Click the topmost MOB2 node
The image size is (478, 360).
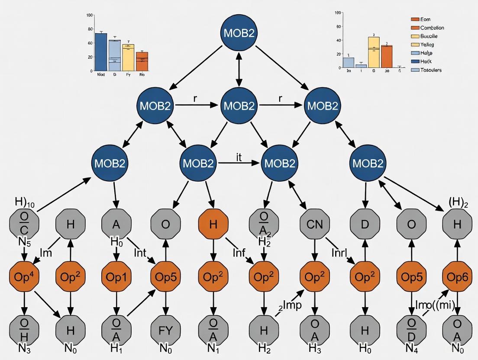tap(237, 33)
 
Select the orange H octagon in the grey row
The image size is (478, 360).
tap(213, 224)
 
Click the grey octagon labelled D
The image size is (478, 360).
tap(364, 224)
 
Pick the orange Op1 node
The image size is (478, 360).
tap(116, 278)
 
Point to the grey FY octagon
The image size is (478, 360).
tap(165, 331)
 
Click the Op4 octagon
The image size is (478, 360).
tap(24, 278)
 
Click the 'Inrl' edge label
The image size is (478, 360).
tap(340, 252)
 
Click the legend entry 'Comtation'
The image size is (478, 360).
tap(432, 28)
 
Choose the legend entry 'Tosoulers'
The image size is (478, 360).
tap(431, 70)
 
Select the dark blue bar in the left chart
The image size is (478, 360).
tap(100, 52)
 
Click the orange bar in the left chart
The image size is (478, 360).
tap(142, 61)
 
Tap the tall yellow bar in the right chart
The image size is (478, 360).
tap(373, 52)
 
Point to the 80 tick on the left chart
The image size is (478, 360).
tap(90, 29)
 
